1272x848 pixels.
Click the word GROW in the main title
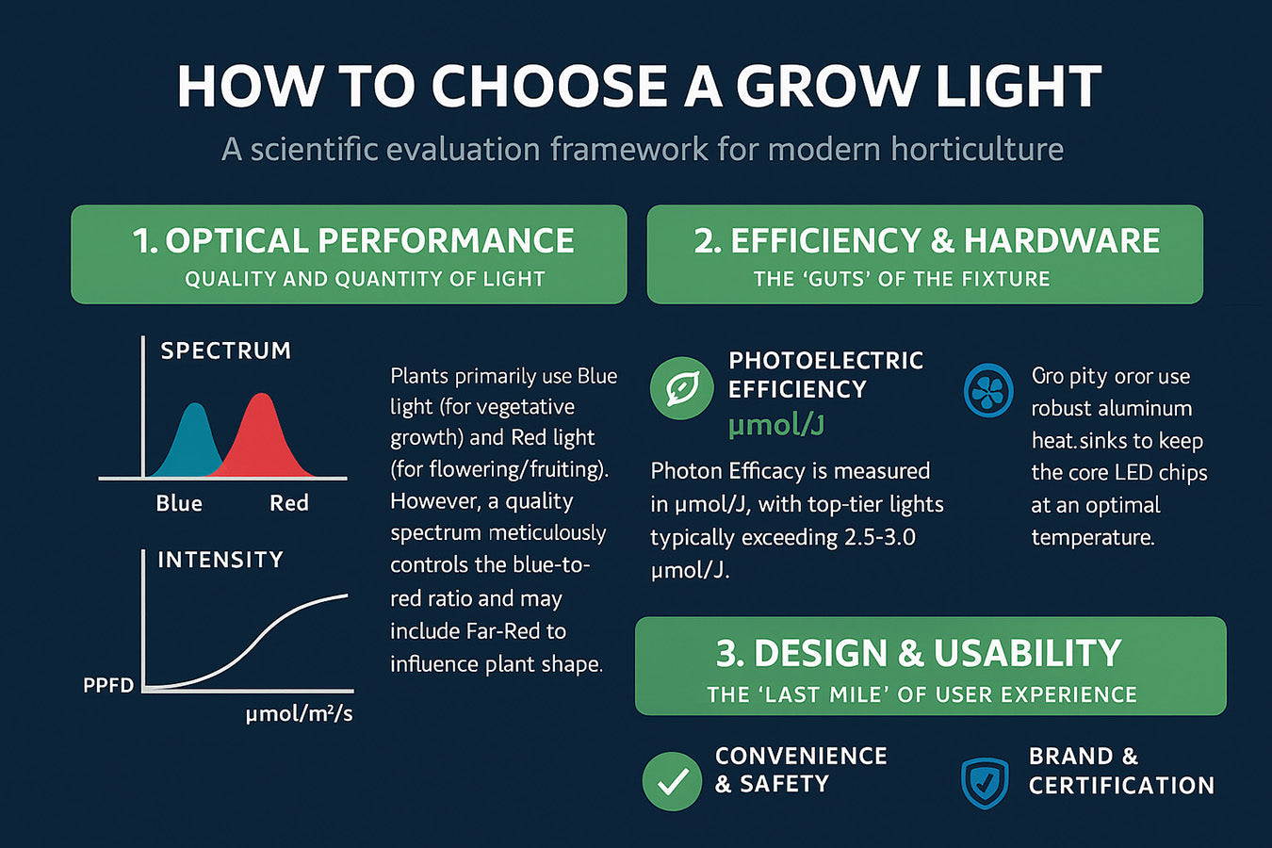pyautogui.click(x=824, y=87)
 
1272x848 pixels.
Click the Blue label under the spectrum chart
pyautogui.click(x=179, y=503)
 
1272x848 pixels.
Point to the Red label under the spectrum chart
pyautogui.click(x=288, y=503)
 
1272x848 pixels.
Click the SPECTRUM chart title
pyautogui.click(x=225, y=351)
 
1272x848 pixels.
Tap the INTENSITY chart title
pyautogui.click(x=220, y=560)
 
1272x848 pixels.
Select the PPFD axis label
pyautogui.click(x=108, y=685)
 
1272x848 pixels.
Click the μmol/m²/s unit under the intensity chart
pyautogui.click(x=299, y=714)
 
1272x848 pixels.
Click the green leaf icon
pyautogui.click(x=681, y=388)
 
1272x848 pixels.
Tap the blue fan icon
pyautogui.click(x=988, y=390)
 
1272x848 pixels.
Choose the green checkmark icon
pyautogui.click(x=672, y=780)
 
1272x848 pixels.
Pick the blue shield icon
pyautogui.click(x=985, y=782)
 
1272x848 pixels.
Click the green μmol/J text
pyautogui.click(x=775, y=425)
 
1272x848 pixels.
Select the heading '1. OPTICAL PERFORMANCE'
pyautogui.click(x=353, y=241)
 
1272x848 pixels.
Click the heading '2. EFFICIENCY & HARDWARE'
pyautogui.click(x=926, y=241)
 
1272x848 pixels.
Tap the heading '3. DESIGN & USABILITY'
pyautogui.click(x=919, y=653)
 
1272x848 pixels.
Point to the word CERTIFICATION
pyautogui.click(x=1121, y=785)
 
